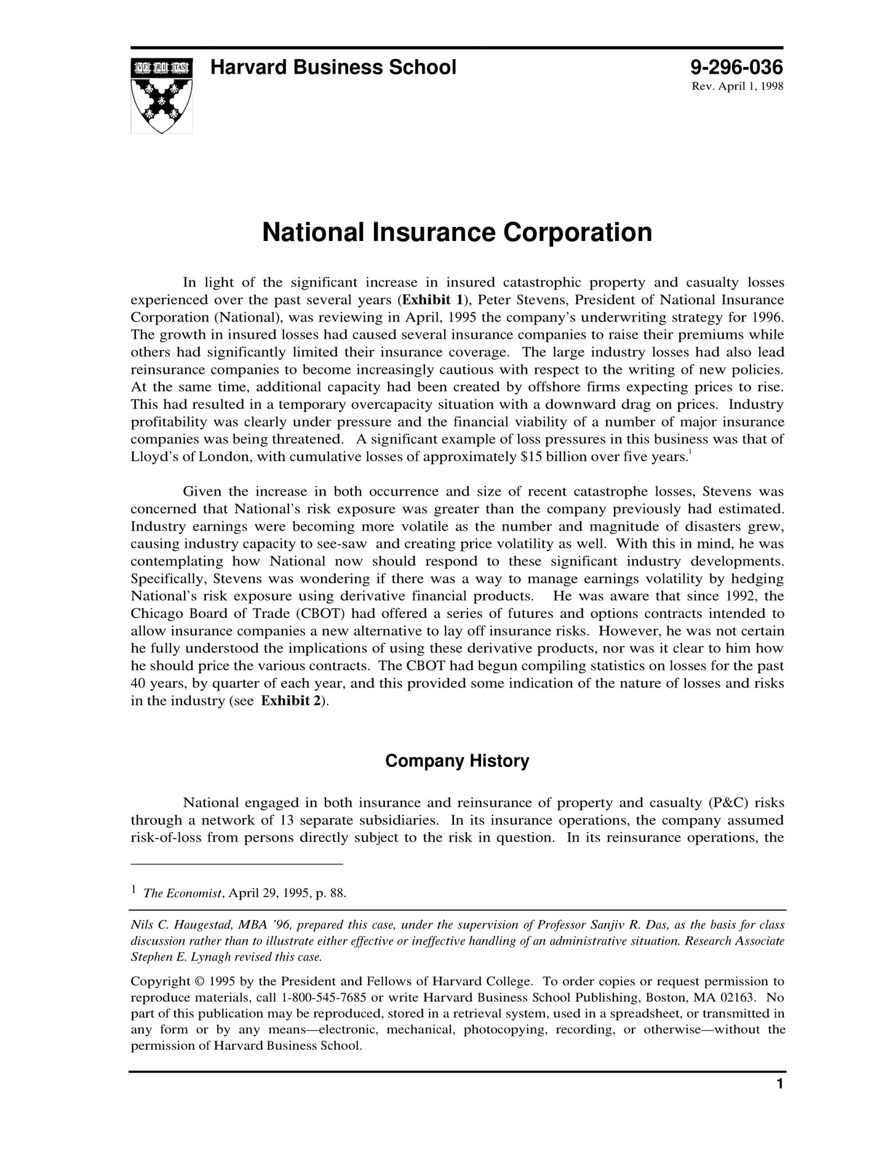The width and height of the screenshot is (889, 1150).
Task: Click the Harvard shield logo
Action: point(161,95)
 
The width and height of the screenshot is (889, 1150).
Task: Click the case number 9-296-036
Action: point(736,67)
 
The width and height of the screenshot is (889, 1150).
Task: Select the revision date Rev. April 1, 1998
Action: point(737,87)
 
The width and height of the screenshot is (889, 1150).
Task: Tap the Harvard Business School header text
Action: point(333,67)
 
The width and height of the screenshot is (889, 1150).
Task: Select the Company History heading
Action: point(456,761)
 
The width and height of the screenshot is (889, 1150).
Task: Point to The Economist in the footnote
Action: point(182,894)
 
